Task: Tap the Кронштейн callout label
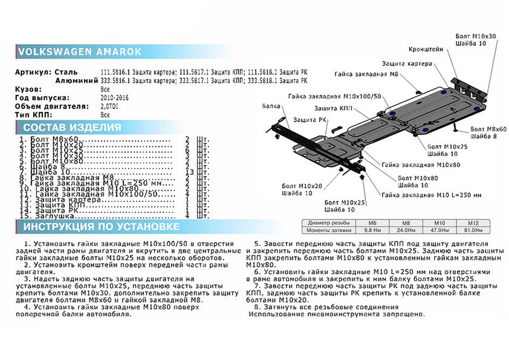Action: tap(426, 49)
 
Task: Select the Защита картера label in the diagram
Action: tap(407, 64)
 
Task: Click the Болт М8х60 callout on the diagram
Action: tap(488, 129)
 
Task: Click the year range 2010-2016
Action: tap(115, 98)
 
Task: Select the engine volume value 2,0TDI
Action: tap(109, 106)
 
